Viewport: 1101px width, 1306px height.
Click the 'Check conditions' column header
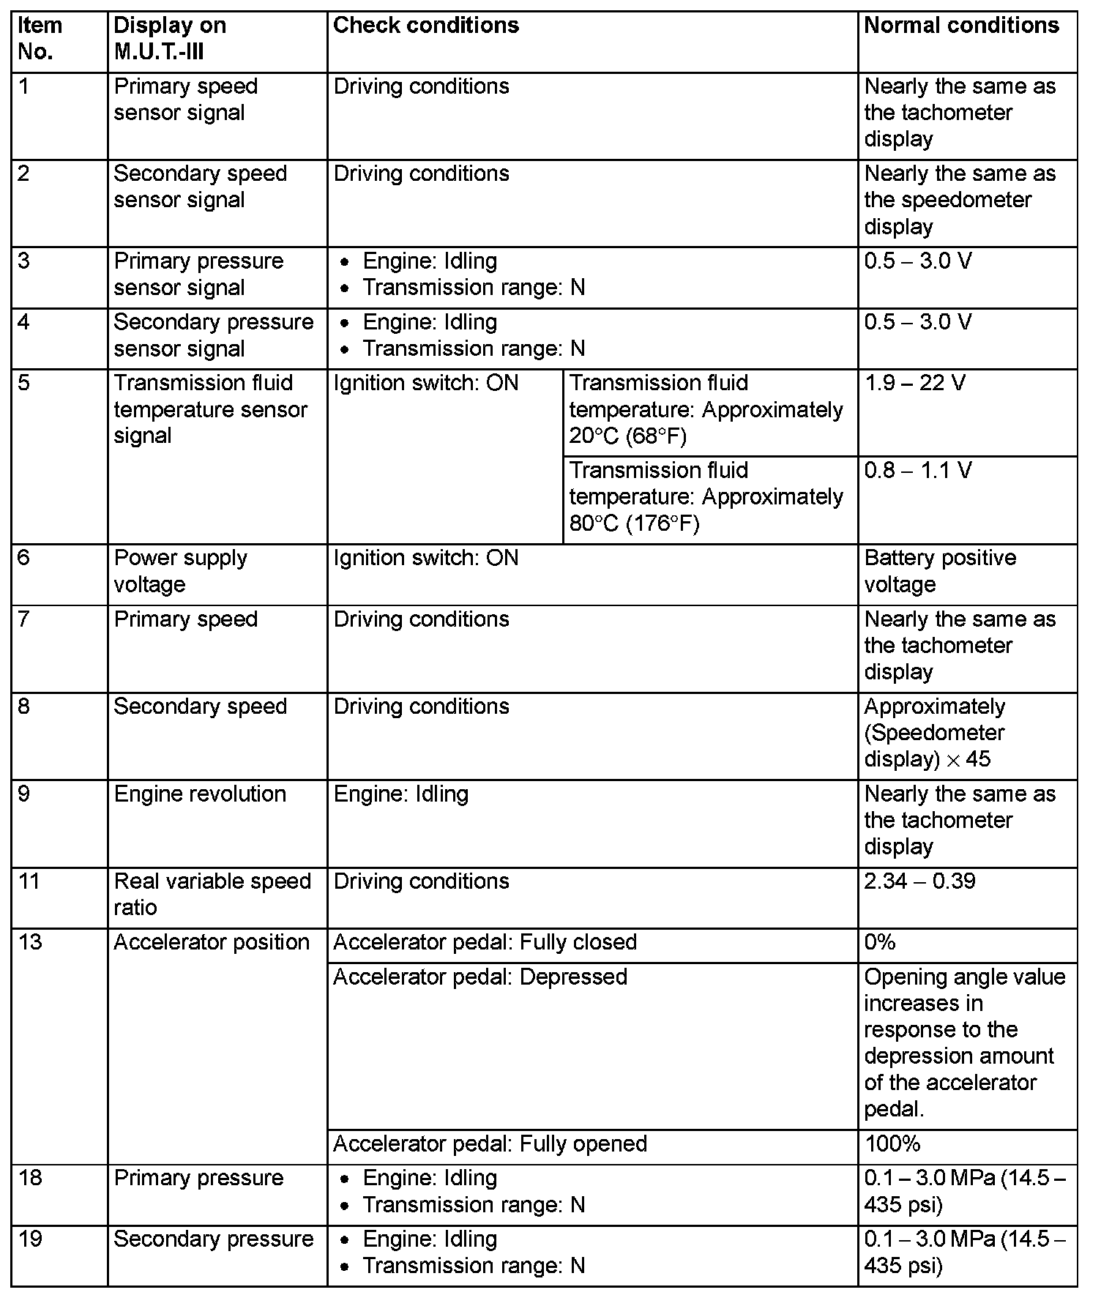click(426, 26)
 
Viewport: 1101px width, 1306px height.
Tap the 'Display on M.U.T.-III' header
click(170, 39)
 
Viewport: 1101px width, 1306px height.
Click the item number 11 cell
click(29, 881)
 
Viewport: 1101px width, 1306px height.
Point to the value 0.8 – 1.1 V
click(918, 470)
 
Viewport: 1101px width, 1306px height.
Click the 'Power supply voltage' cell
click(180, 571)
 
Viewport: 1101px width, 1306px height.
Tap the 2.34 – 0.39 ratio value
click(919, 881)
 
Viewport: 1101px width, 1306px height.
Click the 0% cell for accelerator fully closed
click(880, 942)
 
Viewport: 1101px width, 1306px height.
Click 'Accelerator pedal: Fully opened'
click(490, 1143)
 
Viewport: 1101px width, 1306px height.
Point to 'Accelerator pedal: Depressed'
click(480, 977)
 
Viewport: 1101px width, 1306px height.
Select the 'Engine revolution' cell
click(200, 794)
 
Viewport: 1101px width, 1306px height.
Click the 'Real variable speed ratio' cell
click(212, 894)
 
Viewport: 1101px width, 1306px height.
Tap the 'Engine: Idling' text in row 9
click(400, 794)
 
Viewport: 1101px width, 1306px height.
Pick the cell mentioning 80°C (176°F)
click(706, 497)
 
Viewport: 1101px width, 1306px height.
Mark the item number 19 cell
click(29, 1239)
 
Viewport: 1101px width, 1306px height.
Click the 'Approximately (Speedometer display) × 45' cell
click(935, 733)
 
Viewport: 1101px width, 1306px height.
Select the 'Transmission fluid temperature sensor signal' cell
click(210, 409)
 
